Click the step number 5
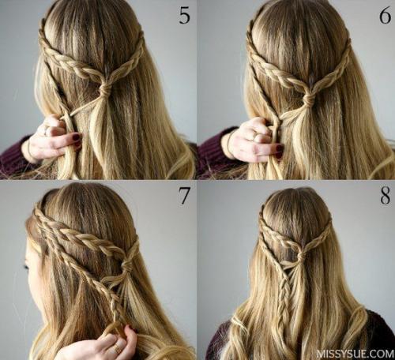[184, 16]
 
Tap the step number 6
[385, 16]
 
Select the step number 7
[184, 196]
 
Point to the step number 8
[385, 196]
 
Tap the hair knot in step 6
[308, 99]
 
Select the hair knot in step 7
[126, 264]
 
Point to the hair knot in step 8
[302, 254]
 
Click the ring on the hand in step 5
[47, 131]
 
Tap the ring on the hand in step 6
[255, 137]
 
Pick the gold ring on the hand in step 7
[116, 349]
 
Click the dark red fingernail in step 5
[76, 137]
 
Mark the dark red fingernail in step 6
[280, 148]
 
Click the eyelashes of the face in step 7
[27, 264]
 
